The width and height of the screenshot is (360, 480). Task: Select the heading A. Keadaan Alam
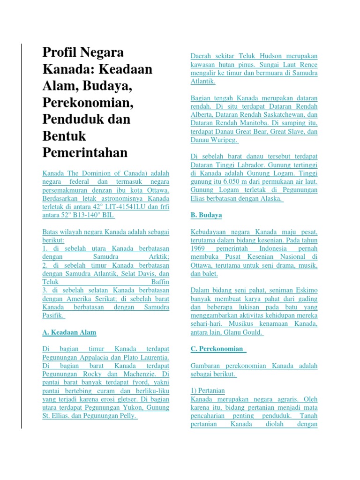[69, 332]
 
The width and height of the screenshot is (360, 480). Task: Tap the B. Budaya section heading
[206, 215]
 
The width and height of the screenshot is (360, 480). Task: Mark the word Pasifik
[52, 315]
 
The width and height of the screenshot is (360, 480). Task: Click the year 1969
[198, 248]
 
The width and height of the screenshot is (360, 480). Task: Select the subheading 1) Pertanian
[208, 390]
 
